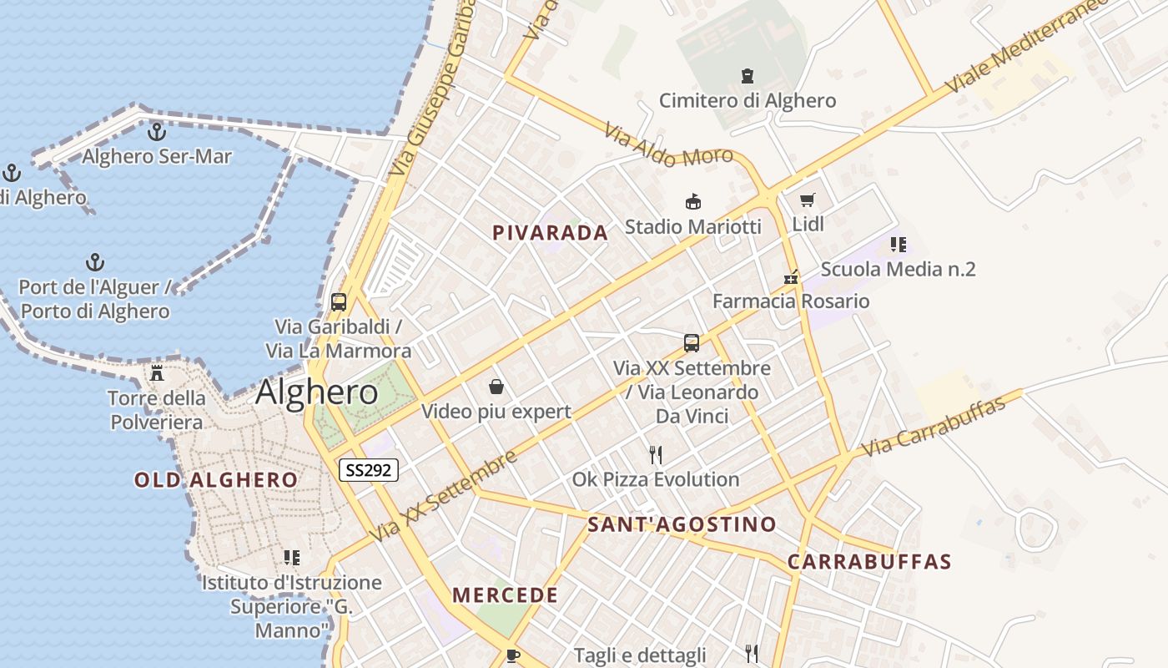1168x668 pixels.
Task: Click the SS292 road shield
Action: tap(369, 470)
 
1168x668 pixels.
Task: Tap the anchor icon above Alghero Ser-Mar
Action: tap(156, 132)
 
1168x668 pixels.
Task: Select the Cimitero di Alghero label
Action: tap(748, 101)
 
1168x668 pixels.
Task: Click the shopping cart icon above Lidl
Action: tap(807, 200)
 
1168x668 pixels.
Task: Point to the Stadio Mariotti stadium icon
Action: tap(692, 202)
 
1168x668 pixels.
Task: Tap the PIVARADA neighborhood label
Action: tap(551, 233)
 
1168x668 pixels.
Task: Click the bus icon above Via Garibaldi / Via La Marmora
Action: tap(339, 302)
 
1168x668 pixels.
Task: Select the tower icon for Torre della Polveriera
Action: tap(157, 372)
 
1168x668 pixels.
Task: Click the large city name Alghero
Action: tap(317, 392)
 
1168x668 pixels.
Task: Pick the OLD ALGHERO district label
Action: tap(216, 480)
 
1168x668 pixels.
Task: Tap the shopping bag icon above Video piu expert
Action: tap(496, 387)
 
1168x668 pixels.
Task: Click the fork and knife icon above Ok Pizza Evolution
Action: tap(656, 455)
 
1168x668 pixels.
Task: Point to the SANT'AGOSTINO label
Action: tap(682, 524)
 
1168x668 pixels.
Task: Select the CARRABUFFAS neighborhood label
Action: tap(869, 562)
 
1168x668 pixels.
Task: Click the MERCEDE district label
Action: tap(506, 595)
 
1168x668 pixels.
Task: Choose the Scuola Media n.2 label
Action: tap(899, 270)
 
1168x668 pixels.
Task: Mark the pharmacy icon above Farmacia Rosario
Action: tap(791, 277)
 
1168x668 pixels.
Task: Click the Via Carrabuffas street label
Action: tap(933, 427)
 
